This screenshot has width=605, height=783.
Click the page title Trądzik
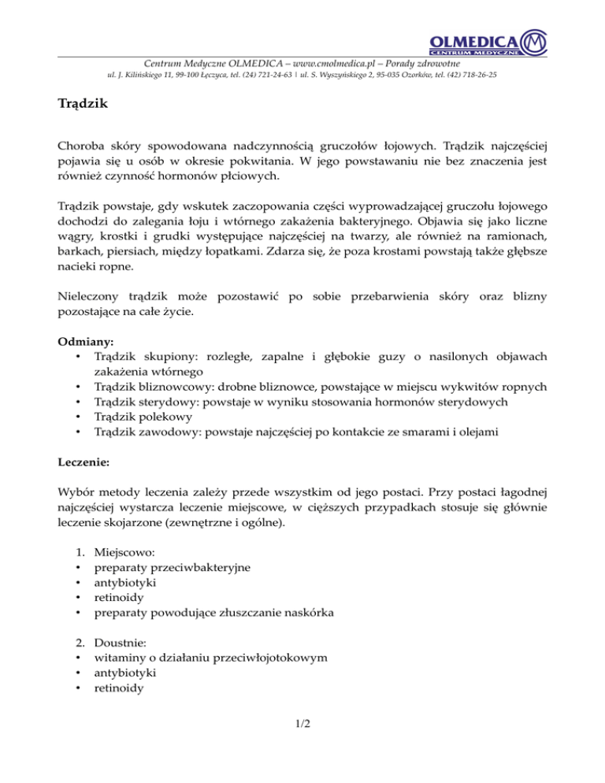point(86,103)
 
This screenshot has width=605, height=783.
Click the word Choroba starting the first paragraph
point(83,147)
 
